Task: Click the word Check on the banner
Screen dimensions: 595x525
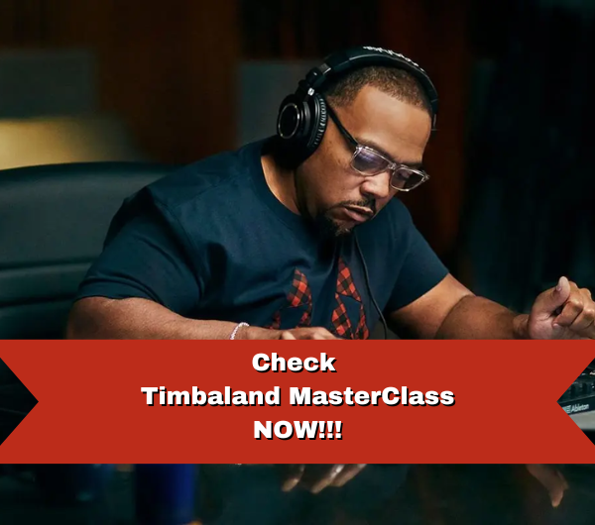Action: [x=295, y=363]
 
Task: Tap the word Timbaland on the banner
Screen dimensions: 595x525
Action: [x=211, y=396]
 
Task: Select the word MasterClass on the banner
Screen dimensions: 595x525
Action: [x=372, y=396]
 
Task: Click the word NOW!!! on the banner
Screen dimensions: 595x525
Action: [x=297, y=430]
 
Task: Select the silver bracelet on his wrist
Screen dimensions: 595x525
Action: [x=238, y=330]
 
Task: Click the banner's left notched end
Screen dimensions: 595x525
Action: [x=19, y=402]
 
